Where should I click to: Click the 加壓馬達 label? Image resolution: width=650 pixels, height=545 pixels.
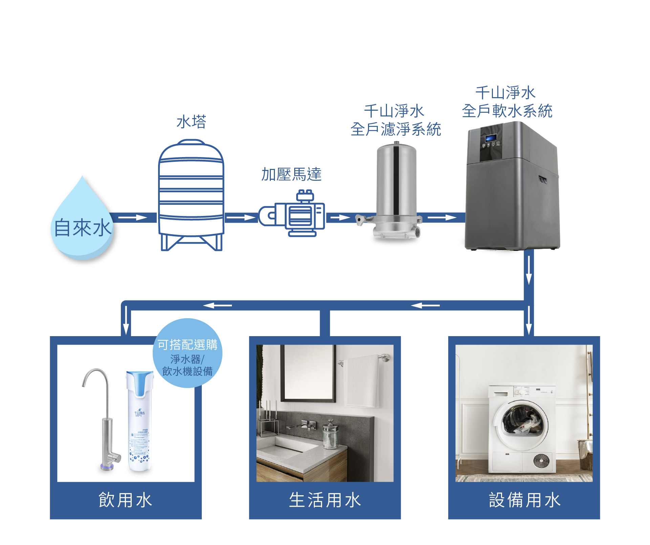click(291, 174)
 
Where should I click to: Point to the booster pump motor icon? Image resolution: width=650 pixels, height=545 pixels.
click(293, 215)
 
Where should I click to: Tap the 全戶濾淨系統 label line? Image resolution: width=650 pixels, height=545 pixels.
click(396, 129)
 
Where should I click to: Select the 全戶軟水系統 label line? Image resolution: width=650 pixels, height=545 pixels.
click(507, 111)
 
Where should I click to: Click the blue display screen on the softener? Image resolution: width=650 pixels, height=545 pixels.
click(491, 138)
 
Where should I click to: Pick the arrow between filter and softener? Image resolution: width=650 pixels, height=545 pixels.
click(442, 217)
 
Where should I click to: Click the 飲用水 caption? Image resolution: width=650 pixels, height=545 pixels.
click(126, 500)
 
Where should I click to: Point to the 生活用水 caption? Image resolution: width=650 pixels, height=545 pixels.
click(325, 500)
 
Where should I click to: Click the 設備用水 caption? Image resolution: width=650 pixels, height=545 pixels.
click(524, 500)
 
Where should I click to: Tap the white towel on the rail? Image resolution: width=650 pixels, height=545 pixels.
click(361, 381)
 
